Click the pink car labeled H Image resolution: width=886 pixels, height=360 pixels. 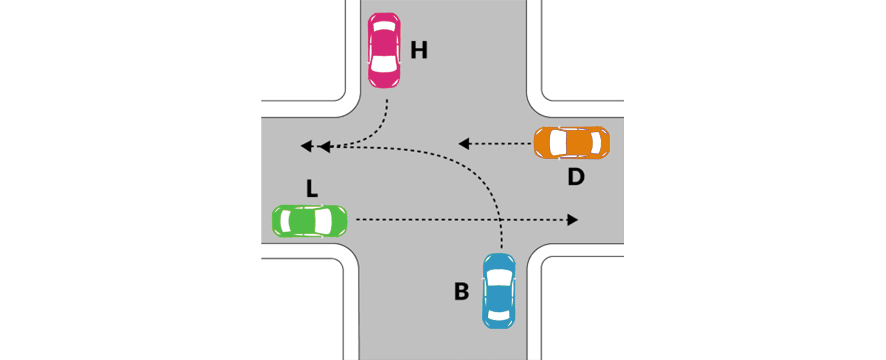point(384,50)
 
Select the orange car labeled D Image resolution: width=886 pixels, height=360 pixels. point(571,143)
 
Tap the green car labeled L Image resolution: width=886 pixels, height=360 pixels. point(310,221)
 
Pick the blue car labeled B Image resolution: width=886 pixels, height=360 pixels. point(499,291)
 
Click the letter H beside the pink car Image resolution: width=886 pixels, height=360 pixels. point(419,50)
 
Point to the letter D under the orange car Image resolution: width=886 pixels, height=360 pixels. point(576,177)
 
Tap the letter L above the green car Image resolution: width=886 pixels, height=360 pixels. point(312,189)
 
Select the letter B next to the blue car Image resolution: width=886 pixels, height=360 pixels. point(461,292)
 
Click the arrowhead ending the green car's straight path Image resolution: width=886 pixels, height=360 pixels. point(573,220)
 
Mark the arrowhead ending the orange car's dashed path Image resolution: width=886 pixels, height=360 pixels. point(464,144)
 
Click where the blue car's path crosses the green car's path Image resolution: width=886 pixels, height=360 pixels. point(499,220)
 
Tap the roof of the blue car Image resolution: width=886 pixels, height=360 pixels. point(499,294)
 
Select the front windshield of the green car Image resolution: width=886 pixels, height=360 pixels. point(323,221)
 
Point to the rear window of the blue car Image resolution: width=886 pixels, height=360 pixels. point(499,315)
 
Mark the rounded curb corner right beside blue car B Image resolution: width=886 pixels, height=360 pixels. point(535,253)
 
